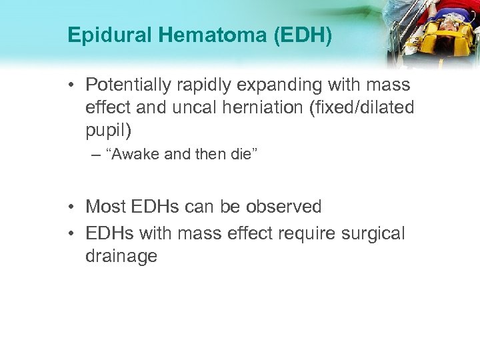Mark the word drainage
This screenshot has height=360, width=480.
(121, 256)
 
